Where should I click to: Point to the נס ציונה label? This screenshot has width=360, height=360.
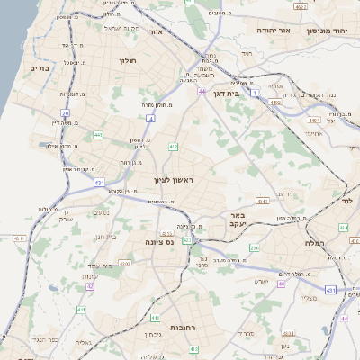(x=159, y=242)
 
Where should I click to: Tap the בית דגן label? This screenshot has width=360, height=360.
(x=232, y=93)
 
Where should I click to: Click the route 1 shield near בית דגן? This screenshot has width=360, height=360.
(x=255, y=93)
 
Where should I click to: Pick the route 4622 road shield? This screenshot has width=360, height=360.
(x=301, y=7)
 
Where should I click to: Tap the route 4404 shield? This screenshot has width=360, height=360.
(x=314, y=119)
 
